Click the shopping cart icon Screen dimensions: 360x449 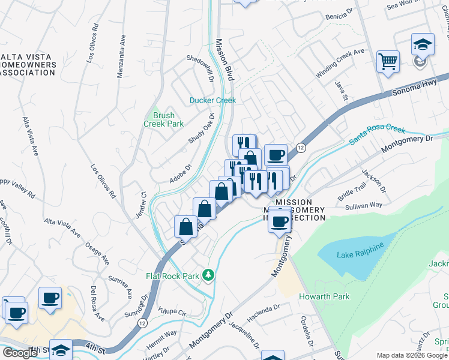(388, 61)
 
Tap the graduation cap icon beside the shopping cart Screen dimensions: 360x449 (423, 44)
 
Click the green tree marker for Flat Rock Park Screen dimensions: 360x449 (208, 275)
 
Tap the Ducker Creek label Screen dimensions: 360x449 (213, 100)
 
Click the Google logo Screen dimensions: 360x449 (20, 353)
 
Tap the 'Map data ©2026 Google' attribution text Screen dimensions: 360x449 (411, 355)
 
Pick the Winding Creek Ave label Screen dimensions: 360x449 (340, 62)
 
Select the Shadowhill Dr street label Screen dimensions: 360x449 (200, 68)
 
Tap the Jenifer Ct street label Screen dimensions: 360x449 (140, 205)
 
